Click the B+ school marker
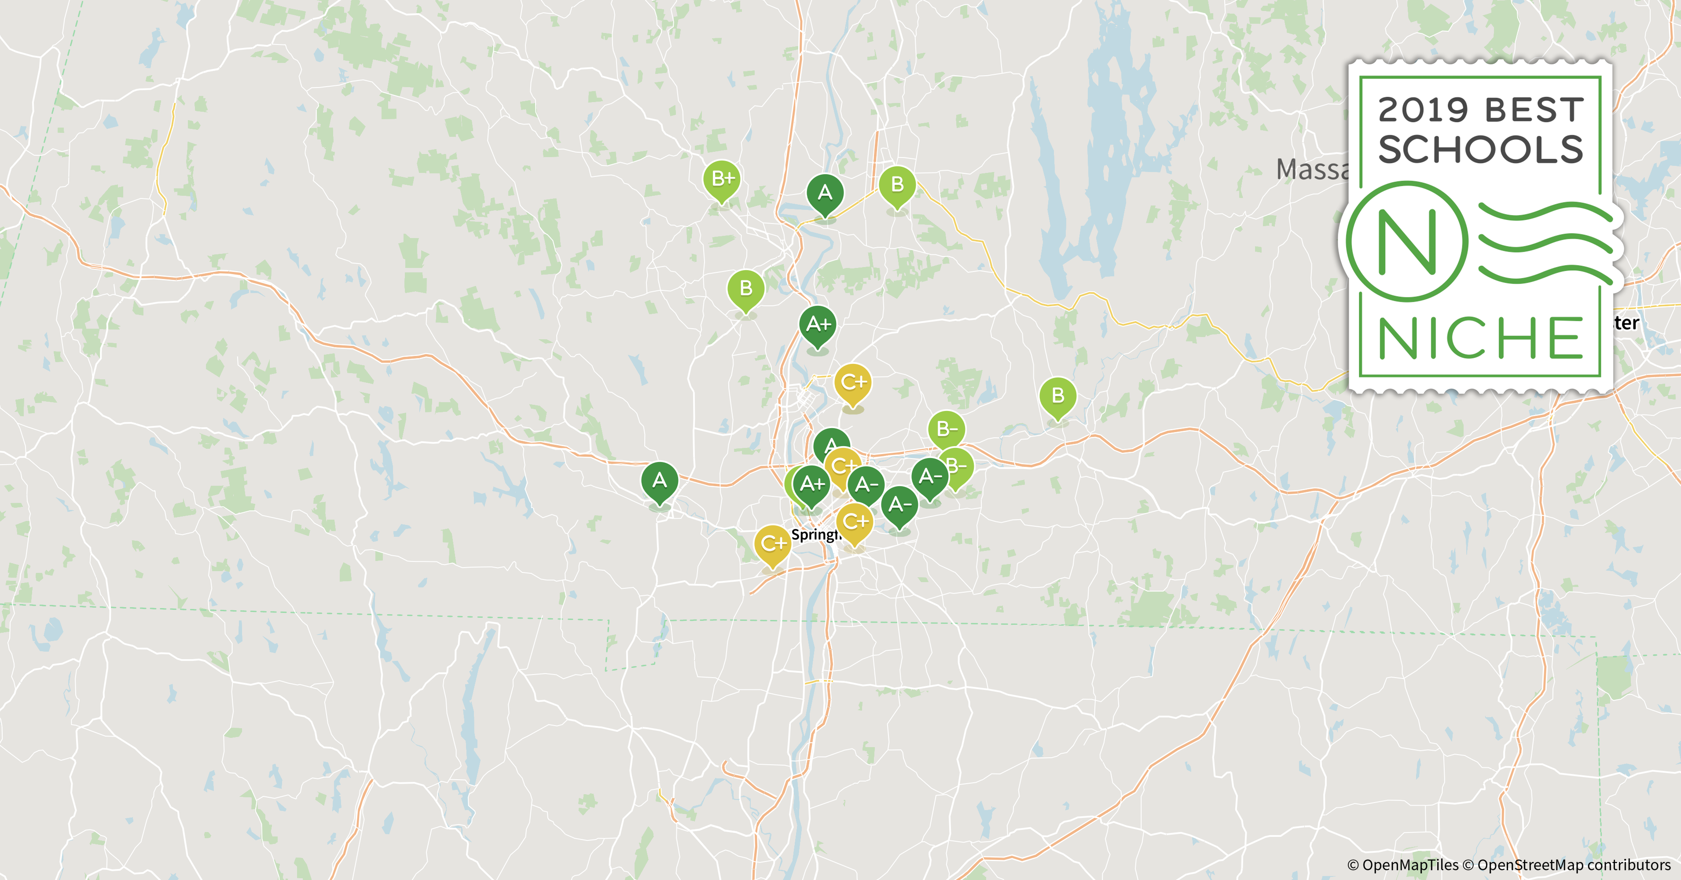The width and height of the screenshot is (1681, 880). [722, 178]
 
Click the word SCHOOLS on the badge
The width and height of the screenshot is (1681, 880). [1480, 150]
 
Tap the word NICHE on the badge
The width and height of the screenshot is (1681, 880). [1480, 338]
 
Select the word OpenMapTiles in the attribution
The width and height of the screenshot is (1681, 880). [1409, 865]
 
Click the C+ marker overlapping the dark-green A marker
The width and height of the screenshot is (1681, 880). [842, 466]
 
